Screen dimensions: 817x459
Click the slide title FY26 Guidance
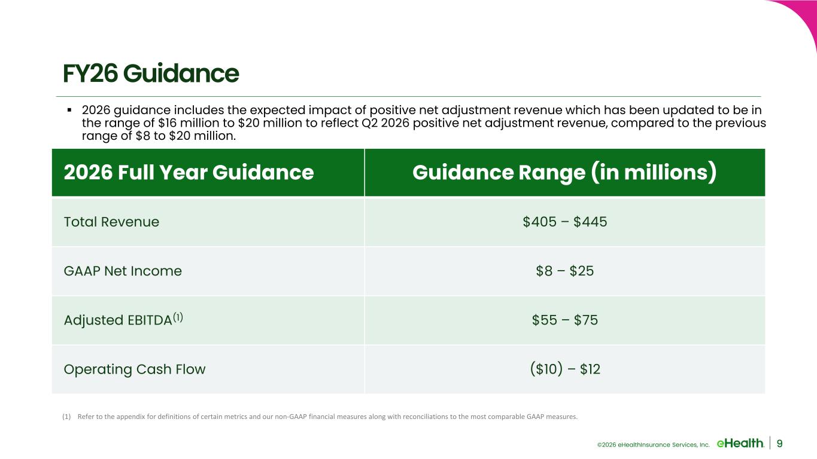point(151,74)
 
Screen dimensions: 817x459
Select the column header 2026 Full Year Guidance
point(189,172)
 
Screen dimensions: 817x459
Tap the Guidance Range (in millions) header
point(564,173)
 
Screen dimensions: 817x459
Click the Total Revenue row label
point(111,222)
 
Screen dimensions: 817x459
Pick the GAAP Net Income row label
point(123,271)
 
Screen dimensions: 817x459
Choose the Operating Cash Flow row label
point(135,369)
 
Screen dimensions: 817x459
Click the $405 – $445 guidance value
point(564,222)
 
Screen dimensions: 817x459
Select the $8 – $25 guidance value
point(564,271)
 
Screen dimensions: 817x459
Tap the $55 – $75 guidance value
point(564,320)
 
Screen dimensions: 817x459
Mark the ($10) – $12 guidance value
point(564,369)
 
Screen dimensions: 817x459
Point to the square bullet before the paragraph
point(69,109)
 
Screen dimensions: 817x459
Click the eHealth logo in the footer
point(740,443)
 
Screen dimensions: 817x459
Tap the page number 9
point(779,443)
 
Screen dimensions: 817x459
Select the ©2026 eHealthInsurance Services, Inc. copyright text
point(653,445)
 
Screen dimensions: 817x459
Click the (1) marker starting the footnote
point(66,417)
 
